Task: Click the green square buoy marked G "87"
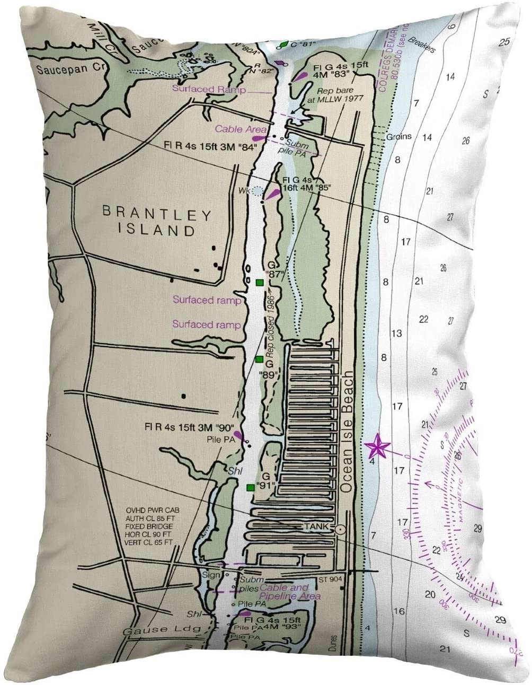click(259, 282)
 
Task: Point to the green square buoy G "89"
click(259, 359)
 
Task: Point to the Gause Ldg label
click(149, 631)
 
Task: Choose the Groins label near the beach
click(398, 136)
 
